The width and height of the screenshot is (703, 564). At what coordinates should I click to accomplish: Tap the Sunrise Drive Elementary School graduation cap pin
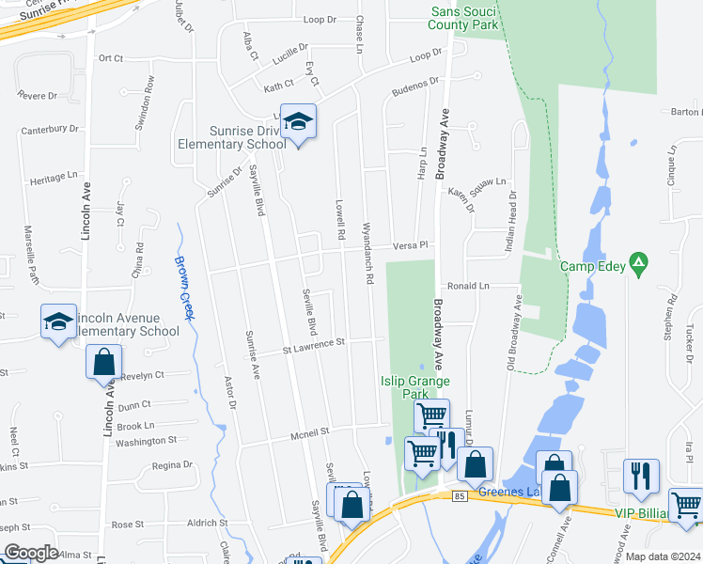[x=299, y=122]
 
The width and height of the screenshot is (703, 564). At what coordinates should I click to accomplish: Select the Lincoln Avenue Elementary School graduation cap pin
[x=58, y=322]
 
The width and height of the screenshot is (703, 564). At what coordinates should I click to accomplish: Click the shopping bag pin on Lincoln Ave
[x=103, y=361]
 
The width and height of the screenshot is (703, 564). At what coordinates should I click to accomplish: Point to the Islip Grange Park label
[x=414, y=381]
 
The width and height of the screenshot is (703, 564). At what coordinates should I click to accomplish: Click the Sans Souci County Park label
[x=464, y=19]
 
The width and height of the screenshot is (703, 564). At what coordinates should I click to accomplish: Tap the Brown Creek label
[x=184, y=288]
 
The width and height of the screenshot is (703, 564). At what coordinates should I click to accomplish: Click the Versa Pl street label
[x=410, y=244]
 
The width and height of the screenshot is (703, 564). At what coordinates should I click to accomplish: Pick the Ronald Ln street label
[x=470, y=286]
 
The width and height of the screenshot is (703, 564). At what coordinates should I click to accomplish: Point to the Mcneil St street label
[x=312, y=432]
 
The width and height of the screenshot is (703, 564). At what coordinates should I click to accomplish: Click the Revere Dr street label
[x=38, y=96]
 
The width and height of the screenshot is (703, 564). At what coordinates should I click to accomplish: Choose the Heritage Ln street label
[x=54, y=177]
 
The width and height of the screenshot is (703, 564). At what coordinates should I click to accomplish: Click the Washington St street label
[x=147, y=440]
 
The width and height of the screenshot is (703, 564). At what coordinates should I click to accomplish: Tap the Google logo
[x=31, y=553]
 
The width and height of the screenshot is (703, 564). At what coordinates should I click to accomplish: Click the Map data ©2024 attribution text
[x=663, y=556]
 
